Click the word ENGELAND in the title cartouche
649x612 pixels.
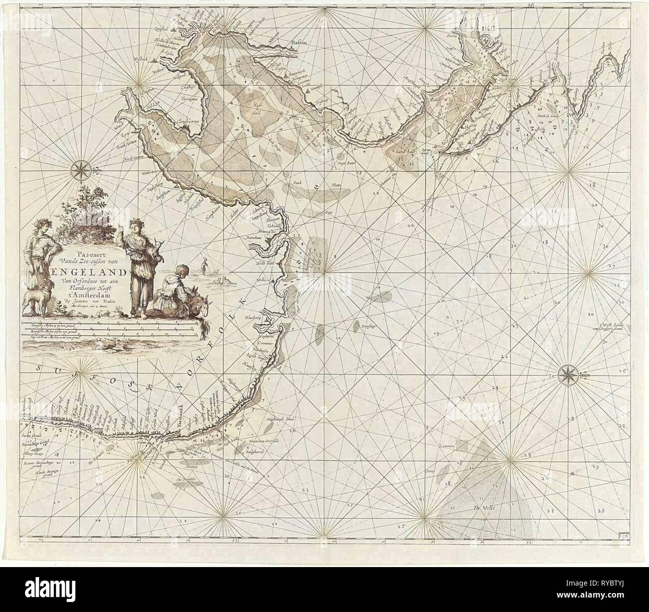90,273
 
